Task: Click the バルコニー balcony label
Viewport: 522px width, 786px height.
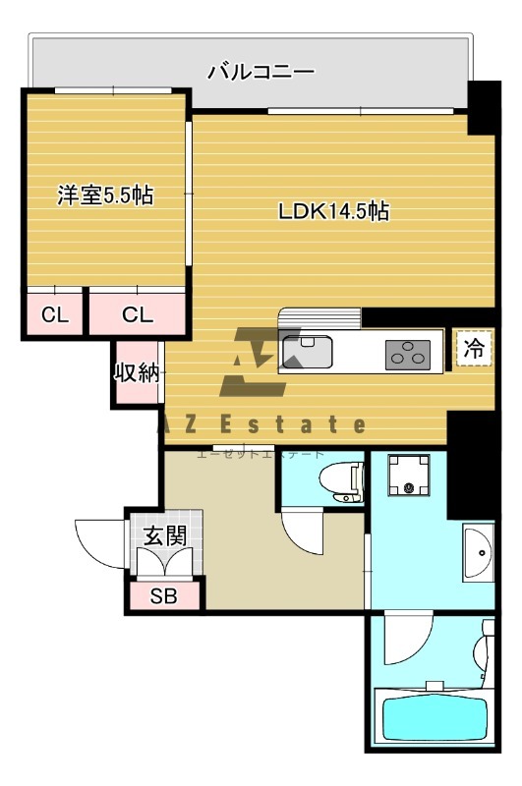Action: [x=261, y=71]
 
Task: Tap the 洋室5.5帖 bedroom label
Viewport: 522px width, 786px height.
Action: [x=104, y=195]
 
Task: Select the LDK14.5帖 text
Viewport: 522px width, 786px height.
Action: [x=333, y=210]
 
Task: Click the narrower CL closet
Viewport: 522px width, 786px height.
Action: [x=54, y=314]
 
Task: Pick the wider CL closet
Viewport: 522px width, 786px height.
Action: [x=138, y=314]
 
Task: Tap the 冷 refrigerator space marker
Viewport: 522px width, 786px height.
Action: [x=474, y=347]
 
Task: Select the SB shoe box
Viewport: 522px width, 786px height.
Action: [x=163, y=595]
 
